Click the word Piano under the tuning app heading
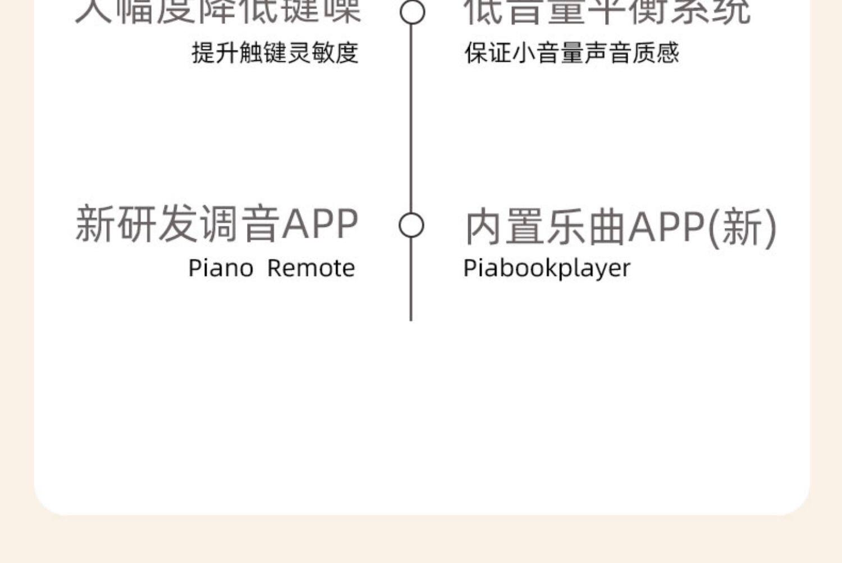coord(221,268)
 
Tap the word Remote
coord(311,268)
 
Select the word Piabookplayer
coord(547,268)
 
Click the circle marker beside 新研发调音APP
coord(411,225)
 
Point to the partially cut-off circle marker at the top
coord(412,11)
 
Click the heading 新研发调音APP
coord(217,224)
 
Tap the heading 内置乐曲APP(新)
coord(621,227)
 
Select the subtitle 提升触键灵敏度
coord(275,53)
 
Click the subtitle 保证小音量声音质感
coord(571,53)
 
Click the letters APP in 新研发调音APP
coord(319,224)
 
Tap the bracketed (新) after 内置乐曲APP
coord(742,227)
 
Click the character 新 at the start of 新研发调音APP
coord(95,224)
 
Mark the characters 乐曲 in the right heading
coord(586,227)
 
